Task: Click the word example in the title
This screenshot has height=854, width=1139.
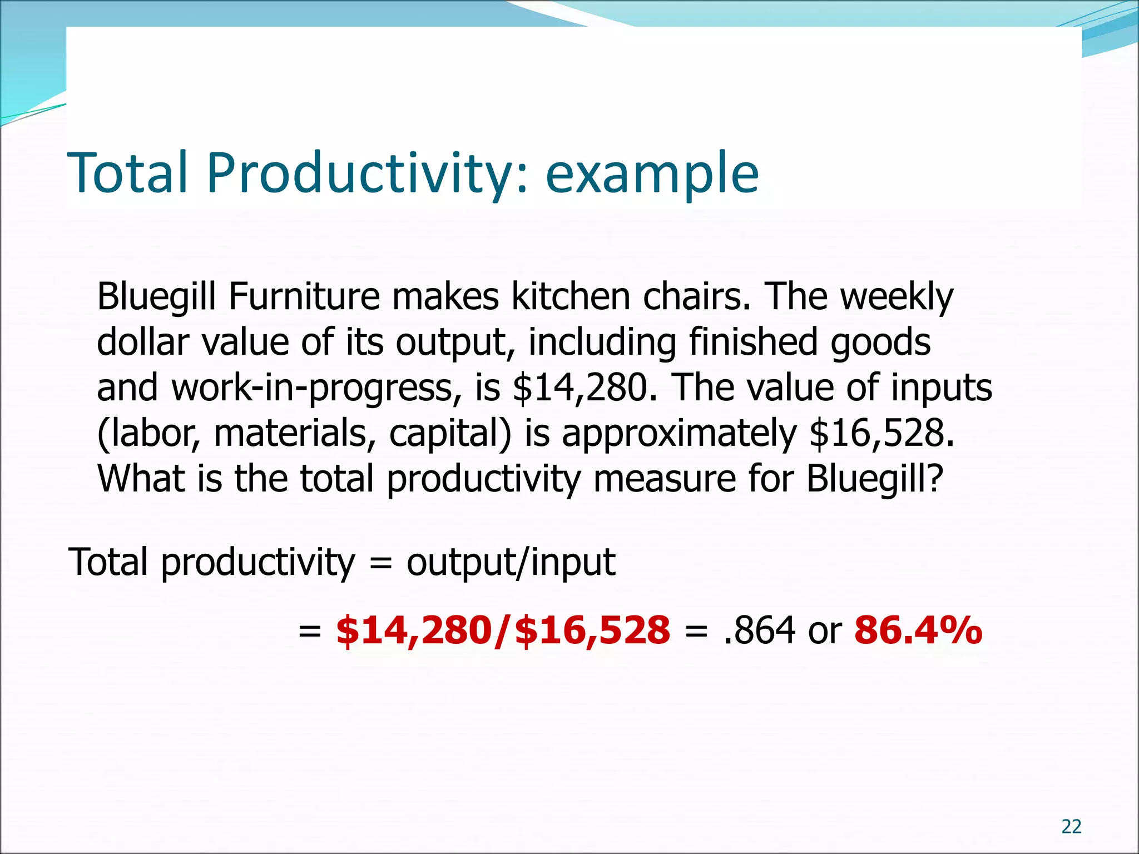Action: click(652, 173)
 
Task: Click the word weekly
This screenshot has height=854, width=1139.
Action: click(897, 297)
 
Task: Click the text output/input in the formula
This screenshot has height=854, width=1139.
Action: click(511, 562)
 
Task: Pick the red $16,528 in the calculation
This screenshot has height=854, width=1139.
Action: click(593, 631)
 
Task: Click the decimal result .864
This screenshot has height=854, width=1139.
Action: click(759, 631)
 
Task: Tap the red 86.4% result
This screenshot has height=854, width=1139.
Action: click(918, 631)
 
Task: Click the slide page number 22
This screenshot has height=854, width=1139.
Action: click(1071, 827)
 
